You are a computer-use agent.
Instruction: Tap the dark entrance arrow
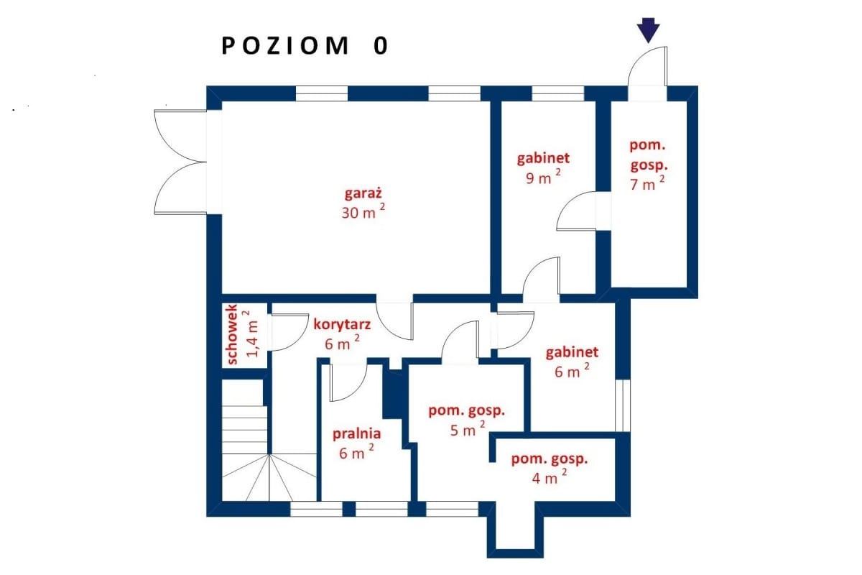pos(649,30)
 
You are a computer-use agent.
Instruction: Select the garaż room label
pos(363,193)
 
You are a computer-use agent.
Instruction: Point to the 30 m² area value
pos(363,211)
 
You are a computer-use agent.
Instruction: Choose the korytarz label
pos(342,324)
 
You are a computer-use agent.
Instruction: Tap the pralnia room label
pos(356,434)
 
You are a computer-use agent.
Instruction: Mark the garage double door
pos(180,162)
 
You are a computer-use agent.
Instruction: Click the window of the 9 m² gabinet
pos(557,93)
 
